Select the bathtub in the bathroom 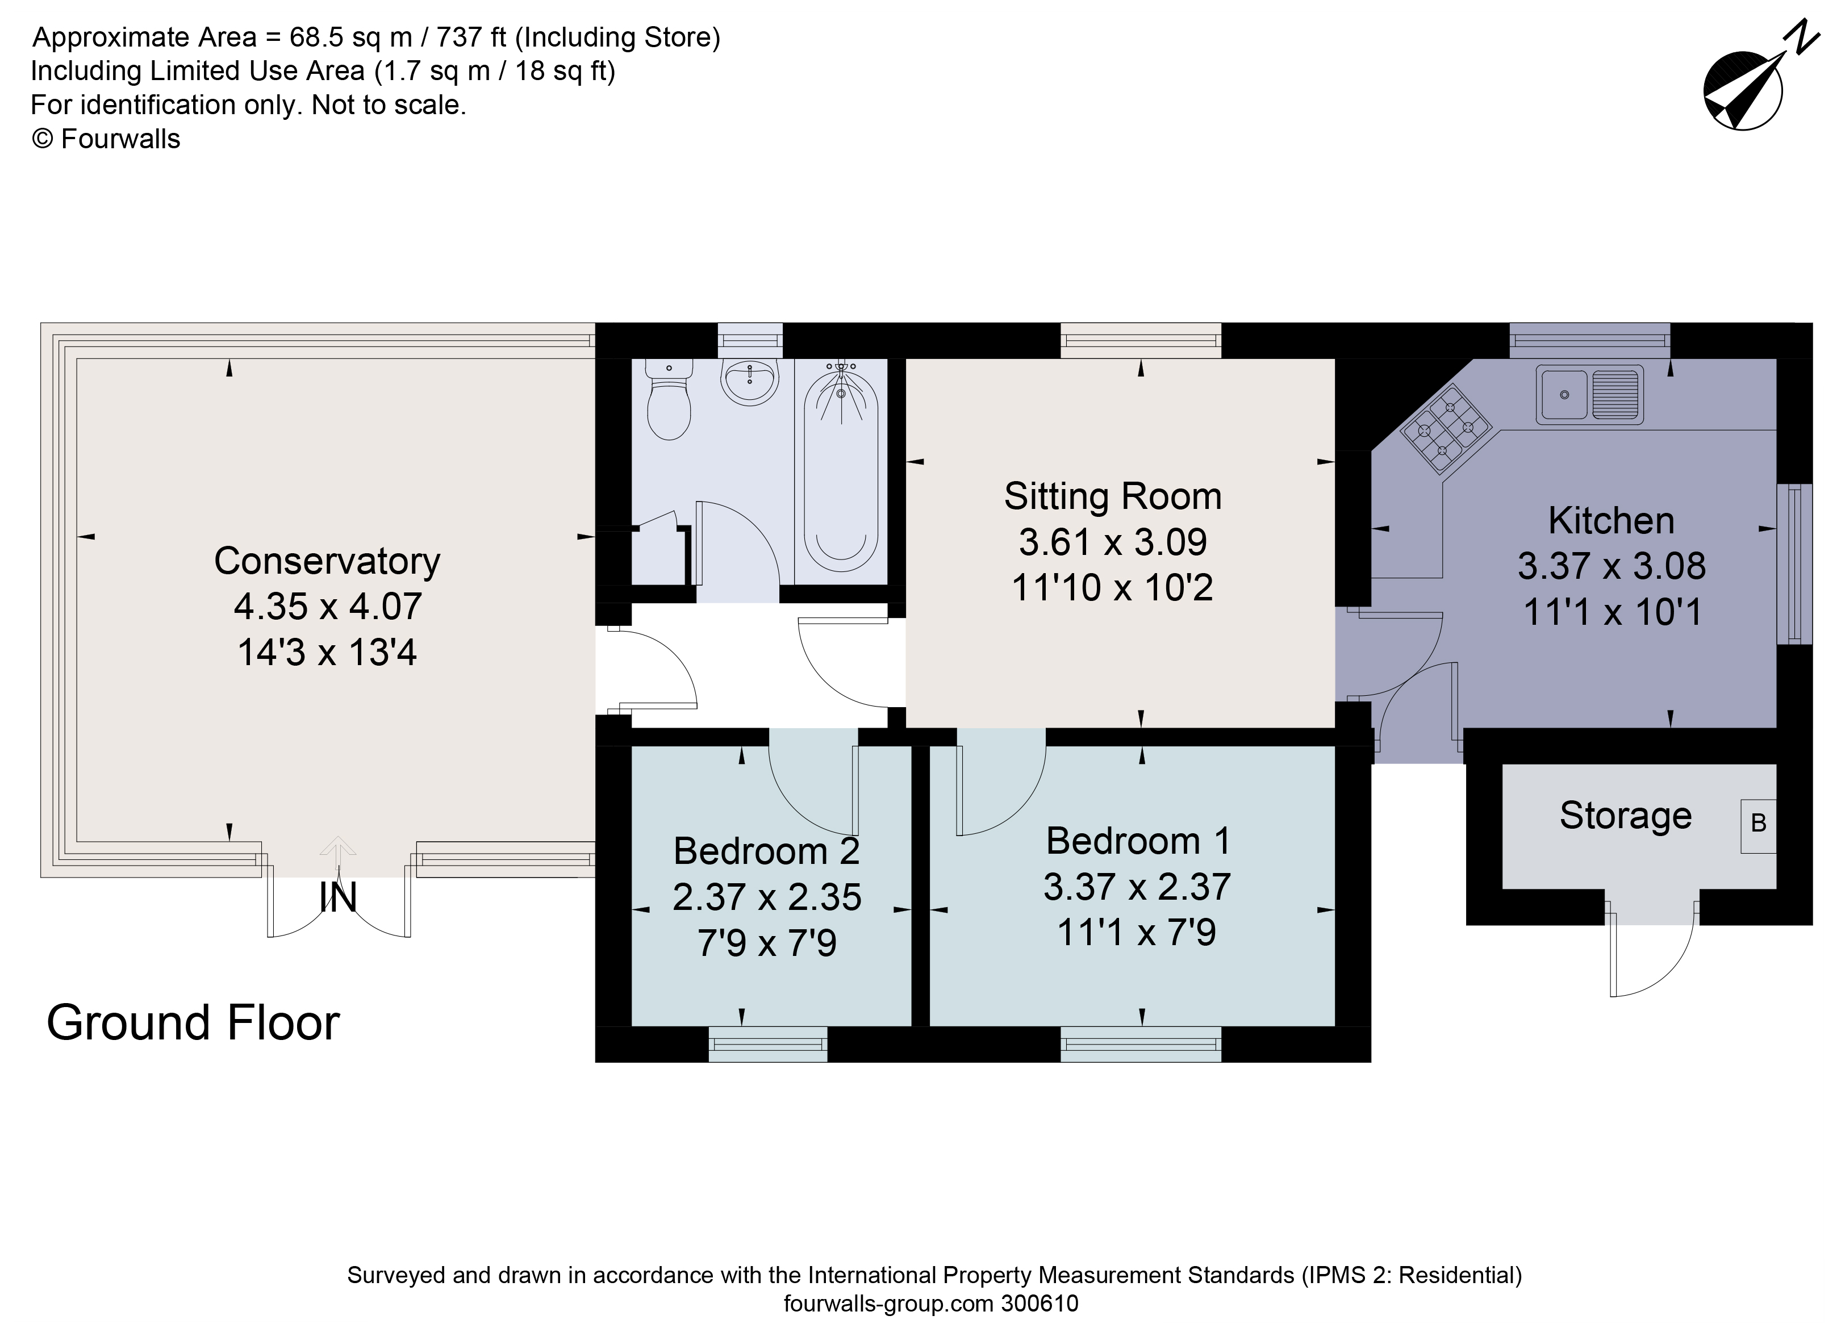tap(841, 471)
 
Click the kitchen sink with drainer tap(1589, 395)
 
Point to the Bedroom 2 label tap(766, 851)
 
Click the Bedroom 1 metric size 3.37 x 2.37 tap(1137, 887)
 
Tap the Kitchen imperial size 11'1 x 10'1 tap(1612, 612)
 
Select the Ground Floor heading tap(193, 1024)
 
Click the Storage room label tap(1625, 816)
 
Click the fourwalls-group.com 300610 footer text tap(930, 1304)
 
